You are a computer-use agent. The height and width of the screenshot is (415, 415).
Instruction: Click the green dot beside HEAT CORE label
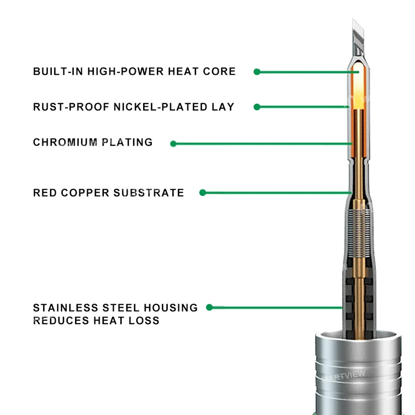257,72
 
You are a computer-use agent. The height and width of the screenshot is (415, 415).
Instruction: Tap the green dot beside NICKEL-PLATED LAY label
257,107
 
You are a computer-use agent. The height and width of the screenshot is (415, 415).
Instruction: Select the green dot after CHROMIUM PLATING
173,144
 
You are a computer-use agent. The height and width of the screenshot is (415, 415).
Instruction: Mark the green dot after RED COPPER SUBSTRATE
203,193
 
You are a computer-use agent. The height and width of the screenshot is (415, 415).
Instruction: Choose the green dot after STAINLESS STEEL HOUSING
210,308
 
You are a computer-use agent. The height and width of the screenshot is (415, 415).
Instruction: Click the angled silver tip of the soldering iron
358,31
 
